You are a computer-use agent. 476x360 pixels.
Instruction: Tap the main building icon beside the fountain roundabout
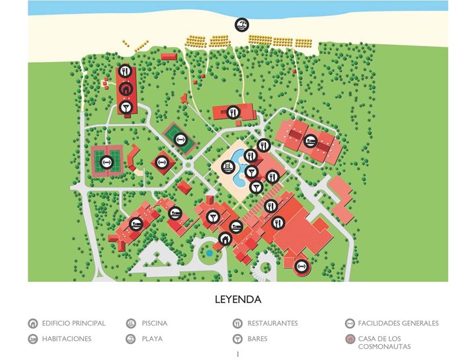pyautogui.click(x=225, y=239)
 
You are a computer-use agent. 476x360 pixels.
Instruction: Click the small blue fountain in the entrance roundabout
pyautogui.click(x=210, y=252)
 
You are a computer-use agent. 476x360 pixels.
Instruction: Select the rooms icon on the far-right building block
pyautogui.click(x=310, y=140)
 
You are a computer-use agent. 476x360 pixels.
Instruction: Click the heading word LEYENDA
pyautogui.click(x=238, y=300)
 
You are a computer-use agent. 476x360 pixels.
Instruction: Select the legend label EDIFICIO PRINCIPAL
pyautogui.click(x=73, y=324)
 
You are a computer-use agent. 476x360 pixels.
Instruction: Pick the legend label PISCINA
pyautogui.click(x=154, y=324)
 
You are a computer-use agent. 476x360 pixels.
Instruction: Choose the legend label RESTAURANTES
pyautogui.click(x=272, y=324)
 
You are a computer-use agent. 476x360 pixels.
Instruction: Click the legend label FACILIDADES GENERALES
pyautogui.click(x=398, y=324)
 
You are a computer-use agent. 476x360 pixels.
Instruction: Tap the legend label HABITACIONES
pyautogui.click(x=66, y=339)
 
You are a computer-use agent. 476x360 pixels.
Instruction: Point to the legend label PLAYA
pyautogui.click(x=152, y=339)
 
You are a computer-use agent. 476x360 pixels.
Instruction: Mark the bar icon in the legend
pyautogui.click(x=237, y=339)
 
